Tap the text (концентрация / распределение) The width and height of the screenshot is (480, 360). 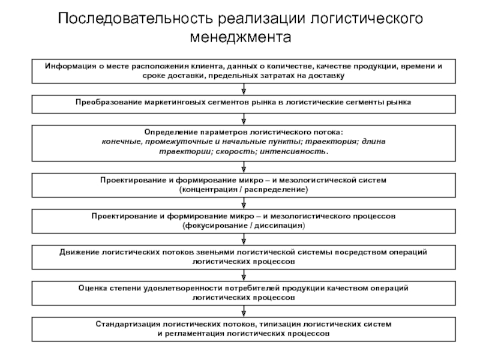[x=244, y=189]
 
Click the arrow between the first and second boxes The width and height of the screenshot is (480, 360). [x=243, y=90]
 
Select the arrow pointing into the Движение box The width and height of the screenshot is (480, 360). [x=243, y=240]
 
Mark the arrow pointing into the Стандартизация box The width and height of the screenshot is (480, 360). [x=243, y=311]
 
